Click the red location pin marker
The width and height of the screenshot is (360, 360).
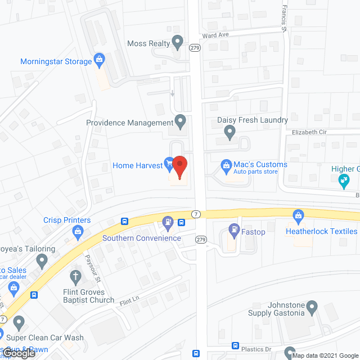pos(179,167)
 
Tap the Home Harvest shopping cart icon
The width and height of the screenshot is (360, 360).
pos(169,164)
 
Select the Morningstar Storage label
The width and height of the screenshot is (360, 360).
pos(56,61)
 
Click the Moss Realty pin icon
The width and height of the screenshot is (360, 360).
pos(178,41)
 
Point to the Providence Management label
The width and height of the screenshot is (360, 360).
pos(129,123)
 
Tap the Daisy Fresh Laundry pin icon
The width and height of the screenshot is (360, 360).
pos(229,132)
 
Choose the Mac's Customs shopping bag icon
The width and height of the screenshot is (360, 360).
pos(226,165)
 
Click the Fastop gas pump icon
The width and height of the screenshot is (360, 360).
pos(234,229)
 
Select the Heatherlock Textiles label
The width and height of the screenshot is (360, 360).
pos(321,231)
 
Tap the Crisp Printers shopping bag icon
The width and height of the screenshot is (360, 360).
pos(78,231)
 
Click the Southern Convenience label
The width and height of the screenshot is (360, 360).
pos(142,238)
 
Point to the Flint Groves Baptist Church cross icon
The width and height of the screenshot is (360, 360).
pos(74,276)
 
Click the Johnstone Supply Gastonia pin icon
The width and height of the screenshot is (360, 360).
pos(313,307)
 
